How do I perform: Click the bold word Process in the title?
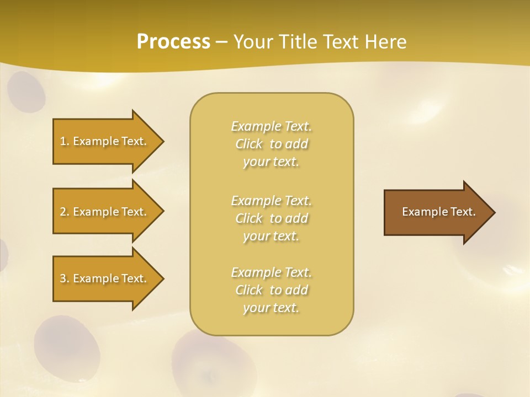point(173,42)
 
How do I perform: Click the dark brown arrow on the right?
point(436,212)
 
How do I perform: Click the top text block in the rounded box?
point(272,144)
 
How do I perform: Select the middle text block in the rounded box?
point(272,218)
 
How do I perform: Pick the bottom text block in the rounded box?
point(272,290)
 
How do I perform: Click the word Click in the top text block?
point(249,144)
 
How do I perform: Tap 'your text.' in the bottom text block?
point(271,308)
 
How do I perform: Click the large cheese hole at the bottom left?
point(66,344)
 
